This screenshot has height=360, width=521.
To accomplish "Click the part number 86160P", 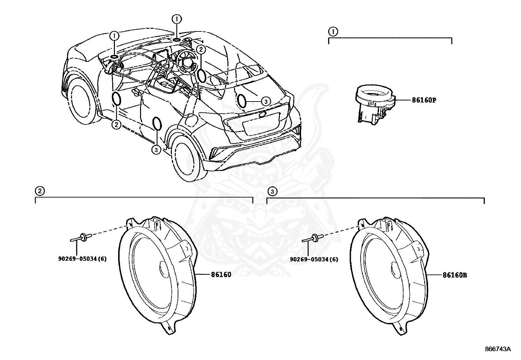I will tap(424, 100).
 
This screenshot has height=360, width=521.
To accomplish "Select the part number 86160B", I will tap(455, 275).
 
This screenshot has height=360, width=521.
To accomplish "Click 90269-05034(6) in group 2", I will tap(82, 259).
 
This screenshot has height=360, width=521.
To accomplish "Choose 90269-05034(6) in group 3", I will tap(314, 259).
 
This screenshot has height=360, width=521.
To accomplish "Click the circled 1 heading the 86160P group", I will tap(333, 31).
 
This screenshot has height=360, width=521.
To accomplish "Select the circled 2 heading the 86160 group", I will tap(39, 191).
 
